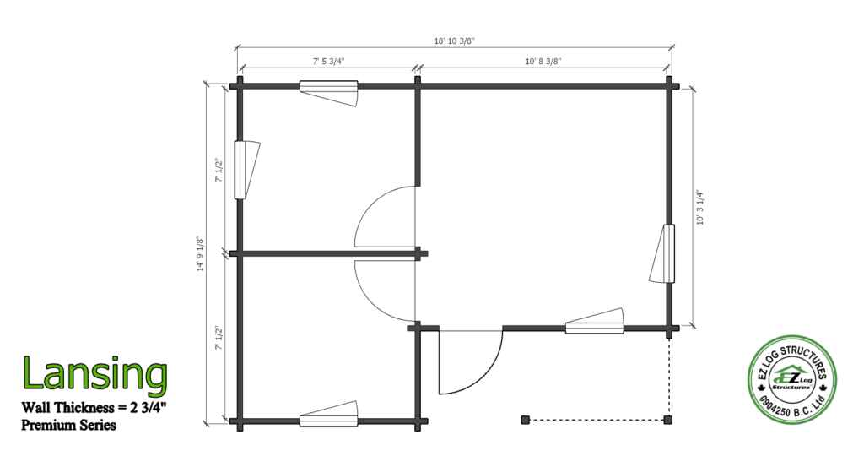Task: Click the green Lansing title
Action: (94, 374)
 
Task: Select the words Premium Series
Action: (69, 426)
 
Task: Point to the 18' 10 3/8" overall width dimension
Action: (455, 41)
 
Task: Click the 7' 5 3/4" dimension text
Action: (329, 61)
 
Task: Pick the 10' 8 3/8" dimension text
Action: (543, 61)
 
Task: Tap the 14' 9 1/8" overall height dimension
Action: (201, 254)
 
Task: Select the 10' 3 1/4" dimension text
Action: (699, 207)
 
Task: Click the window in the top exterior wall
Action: (329, 93)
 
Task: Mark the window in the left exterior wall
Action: (246, 171)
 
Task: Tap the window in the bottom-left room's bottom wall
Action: (329, 414)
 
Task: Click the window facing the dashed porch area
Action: (595, 322)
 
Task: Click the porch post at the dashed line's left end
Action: (525, 421)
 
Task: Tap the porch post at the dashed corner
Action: (668, 421)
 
